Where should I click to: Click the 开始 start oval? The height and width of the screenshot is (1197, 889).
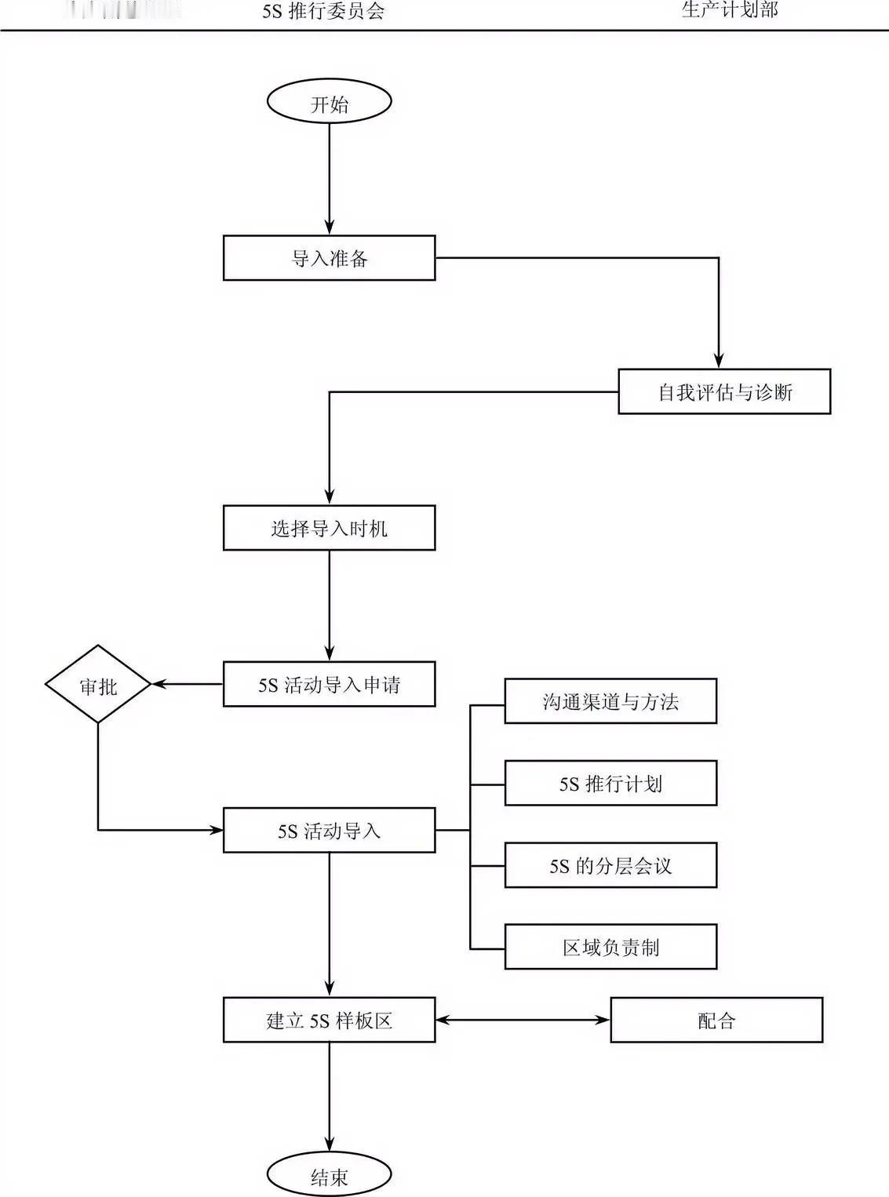(329, 102)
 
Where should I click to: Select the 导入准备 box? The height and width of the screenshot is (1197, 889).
(329, 258)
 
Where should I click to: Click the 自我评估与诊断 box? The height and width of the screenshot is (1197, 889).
(723, 391)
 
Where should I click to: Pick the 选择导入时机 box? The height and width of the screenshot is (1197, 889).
(329, 528)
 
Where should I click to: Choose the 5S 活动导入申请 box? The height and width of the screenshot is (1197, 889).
(329, 684)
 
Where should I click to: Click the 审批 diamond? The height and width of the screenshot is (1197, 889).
(98, 685)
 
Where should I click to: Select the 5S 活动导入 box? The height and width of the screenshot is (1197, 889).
(329, 830)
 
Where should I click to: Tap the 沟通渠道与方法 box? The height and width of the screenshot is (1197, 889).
(610, 700)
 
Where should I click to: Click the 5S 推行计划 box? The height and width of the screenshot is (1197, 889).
(610, 783)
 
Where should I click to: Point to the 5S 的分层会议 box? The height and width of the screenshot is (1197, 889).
(610, 865)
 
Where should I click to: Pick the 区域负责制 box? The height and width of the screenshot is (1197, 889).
(610, 947)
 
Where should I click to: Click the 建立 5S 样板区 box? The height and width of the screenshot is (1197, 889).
(329, 1020)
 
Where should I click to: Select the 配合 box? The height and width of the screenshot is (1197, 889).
(716, 1020)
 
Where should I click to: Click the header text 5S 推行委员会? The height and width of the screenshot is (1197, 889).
(323, 11)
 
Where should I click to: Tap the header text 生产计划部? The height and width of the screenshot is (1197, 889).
(730, 9)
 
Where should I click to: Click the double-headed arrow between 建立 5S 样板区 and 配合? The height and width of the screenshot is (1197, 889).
(523, 1020)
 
